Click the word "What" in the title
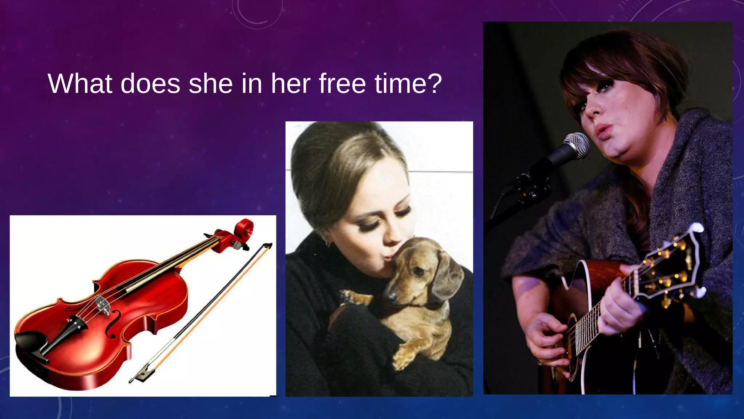[80, 84]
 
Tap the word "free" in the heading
[342, 84]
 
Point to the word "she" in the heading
[210, 84]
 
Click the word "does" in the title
[150, 84]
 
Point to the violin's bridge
[103, 305]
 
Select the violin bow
[203, 313]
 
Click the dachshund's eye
[418, 271]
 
